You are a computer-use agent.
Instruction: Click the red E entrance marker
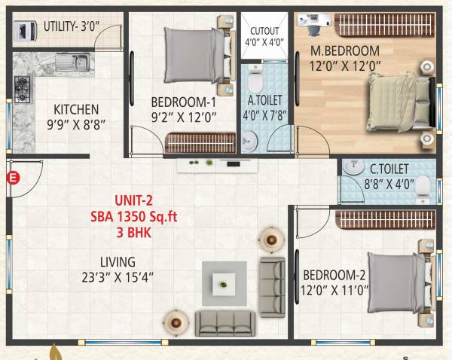pos(12,178)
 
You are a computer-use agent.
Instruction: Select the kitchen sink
pos(74,62)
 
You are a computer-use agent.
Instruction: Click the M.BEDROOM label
pos(346,50)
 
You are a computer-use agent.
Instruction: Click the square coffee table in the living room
pos(224,283)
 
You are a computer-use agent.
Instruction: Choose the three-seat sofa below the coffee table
pos(224,323)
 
